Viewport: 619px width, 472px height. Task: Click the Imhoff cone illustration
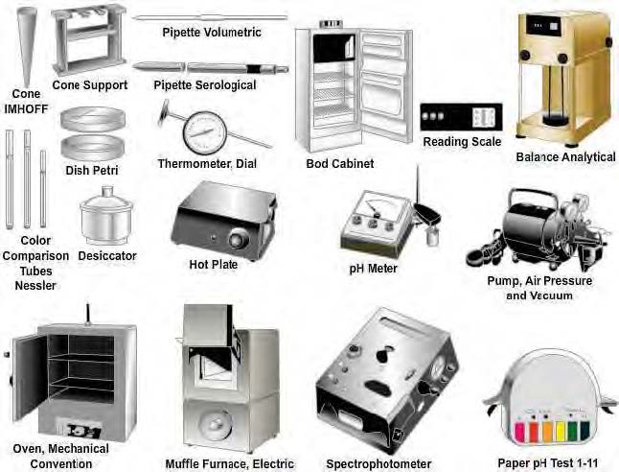pyautogui.click(x=26, y=43)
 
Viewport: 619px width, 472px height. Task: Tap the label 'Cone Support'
pyautogui.click(x=89, y=84)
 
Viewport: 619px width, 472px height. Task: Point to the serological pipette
pyautogui.click(x=205, y=68)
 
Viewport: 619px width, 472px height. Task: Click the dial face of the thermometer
pyautogui.click(x=204, y=132)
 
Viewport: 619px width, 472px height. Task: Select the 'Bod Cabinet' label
pyautogui.click(x=339, y=163)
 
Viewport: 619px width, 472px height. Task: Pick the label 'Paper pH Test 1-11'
pyautogui.click(x=550, y=462)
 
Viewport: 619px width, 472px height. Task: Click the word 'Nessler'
pyautogui.click(x=37, y=285)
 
